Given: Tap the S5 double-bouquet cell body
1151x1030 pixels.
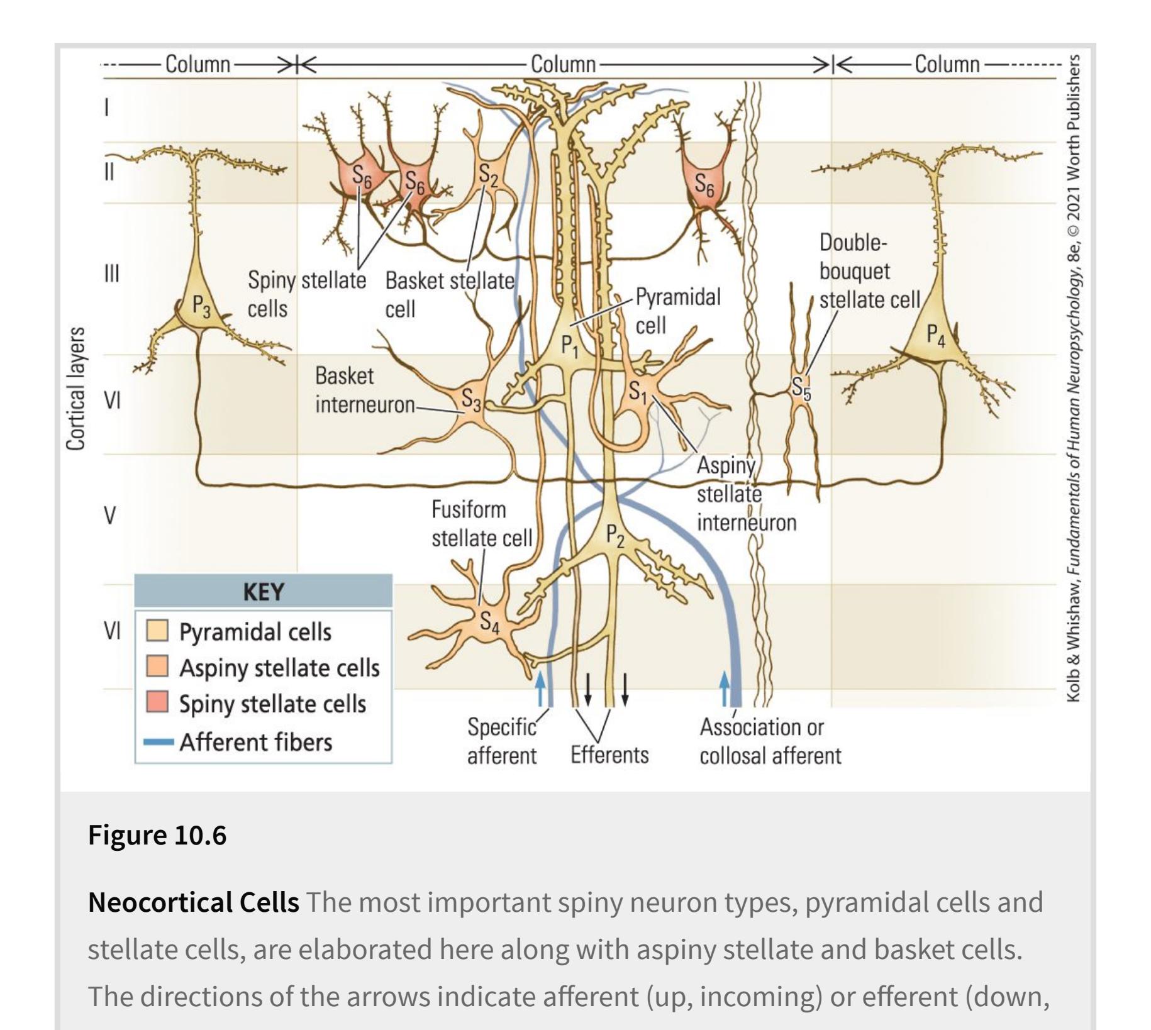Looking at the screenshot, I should (x=801, y=387).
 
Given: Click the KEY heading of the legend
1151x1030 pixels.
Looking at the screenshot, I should (x=264, y=592).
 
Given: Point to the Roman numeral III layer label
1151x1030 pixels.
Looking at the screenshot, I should (x=111, y=274).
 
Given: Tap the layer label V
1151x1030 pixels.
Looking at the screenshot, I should (x=109, y=516).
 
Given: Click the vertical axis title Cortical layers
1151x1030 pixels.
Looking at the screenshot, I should (x=75, y=389).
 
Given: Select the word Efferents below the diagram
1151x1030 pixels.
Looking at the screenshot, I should (x=609, y=754).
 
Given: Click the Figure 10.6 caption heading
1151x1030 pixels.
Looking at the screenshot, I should (x=157, y=835).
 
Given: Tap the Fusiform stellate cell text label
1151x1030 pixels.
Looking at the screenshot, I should (x=482, y=524).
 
